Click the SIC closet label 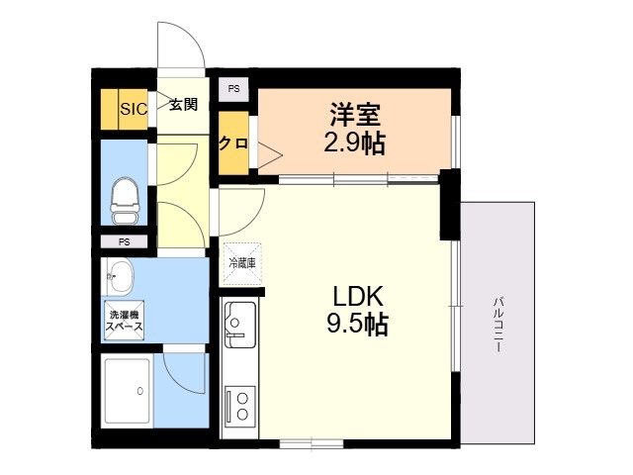point(134,109)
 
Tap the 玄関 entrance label point(183,105)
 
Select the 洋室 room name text point(355,115)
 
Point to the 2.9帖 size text point(354,142)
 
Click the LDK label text point(357,297)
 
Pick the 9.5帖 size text point(357,324)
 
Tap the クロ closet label point(233,142)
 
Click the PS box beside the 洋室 point(233,89)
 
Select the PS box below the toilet point(124,241)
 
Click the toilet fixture point(125,200)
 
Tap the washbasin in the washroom point(120,277)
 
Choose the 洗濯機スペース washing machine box point(125,321)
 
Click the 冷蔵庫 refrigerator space point(242,264)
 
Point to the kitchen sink point(240,325)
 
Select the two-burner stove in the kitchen point(240,406)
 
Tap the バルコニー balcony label point(497,325)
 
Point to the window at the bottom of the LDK point(312,444)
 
